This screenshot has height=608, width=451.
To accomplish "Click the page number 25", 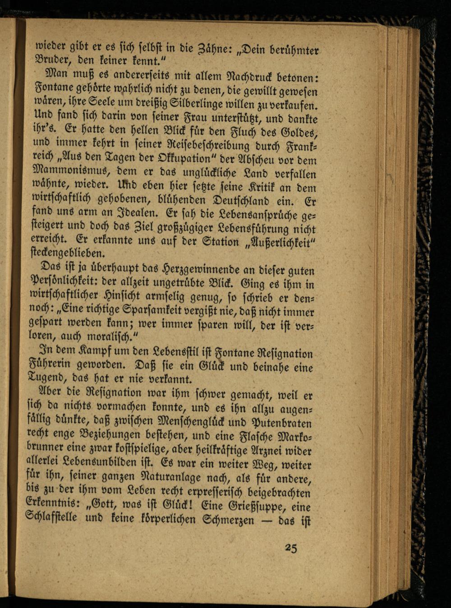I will (291, 548).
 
